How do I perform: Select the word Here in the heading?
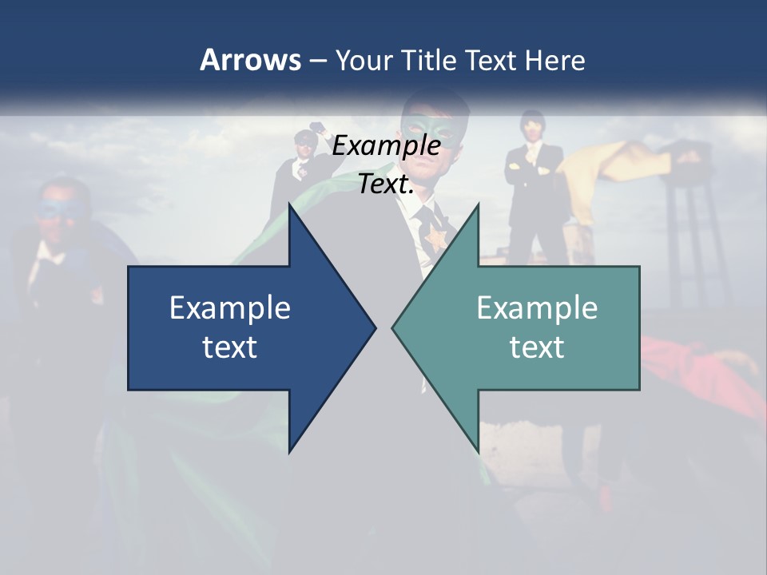coord(554,60)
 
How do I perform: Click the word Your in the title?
coord(364,60)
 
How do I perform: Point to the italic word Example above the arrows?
coord(386,146)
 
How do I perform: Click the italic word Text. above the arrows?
coord(386,184)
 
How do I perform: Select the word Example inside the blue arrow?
coord(230,308)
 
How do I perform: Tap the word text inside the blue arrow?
coord(230,347)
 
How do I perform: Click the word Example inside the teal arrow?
coord(537,308)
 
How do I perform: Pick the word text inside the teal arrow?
coord(537,347)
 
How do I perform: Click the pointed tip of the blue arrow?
coord(374,327)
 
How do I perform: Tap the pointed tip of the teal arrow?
coord(394,327)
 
